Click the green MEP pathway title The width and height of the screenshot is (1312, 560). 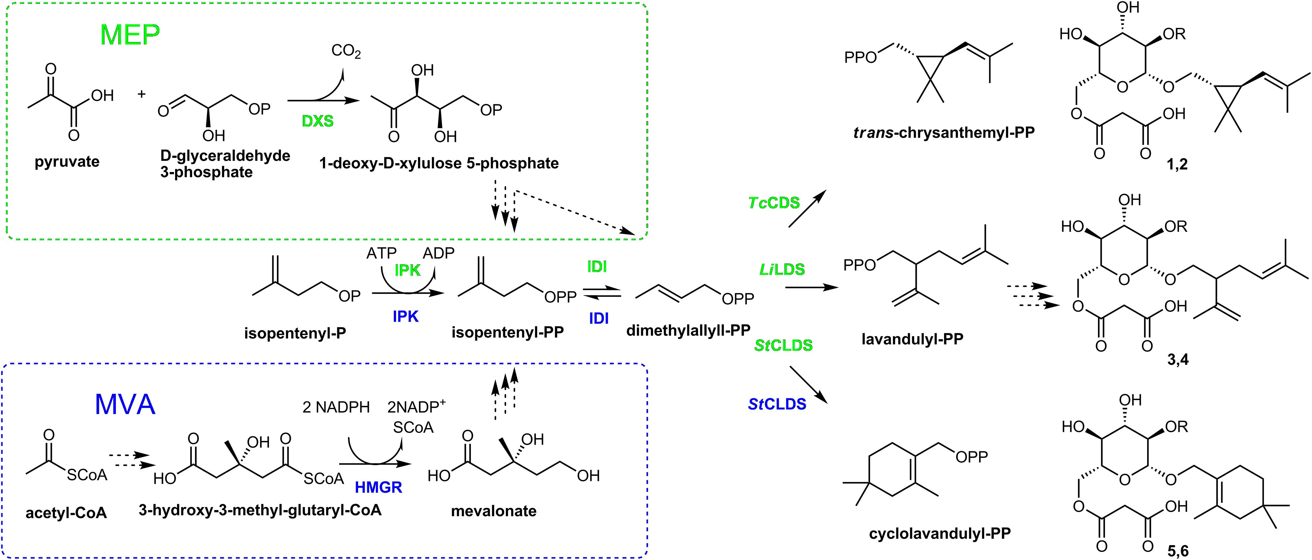click(130, 35)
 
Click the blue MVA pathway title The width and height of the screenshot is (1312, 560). click(125, 405)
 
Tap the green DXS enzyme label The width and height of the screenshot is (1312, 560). click(317, 121)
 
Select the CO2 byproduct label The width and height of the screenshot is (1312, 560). click(346, 51)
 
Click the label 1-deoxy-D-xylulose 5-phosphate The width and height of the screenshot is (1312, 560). click(439, 164)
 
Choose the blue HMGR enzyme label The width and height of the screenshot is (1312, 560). click(378, 488)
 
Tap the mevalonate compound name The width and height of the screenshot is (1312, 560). click(493, 511)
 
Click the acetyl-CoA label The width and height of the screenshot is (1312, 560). click(66, 513)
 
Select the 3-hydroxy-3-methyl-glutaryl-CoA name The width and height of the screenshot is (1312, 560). click(260, 510)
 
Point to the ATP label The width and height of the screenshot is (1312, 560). click(381, 253)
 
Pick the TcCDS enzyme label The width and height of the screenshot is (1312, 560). click(774, 203)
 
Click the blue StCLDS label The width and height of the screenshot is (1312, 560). click(777, 404)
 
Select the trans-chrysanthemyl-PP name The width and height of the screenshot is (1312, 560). click(944, 133)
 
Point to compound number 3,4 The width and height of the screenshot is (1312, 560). click(1178, 360)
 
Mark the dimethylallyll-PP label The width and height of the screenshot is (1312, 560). click(688, 331)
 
